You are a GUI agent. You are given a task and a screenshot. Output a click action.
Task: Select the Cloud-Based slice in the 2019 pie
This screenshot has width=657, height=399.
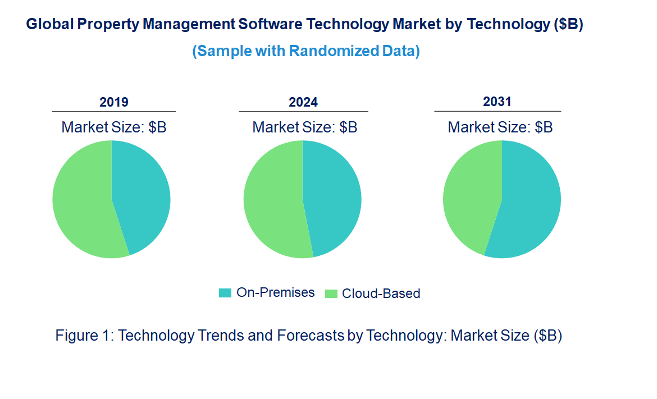81,202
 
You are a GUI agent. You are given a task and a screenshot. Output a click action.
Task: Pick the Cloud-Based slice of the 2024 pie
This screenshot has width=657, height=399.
272,202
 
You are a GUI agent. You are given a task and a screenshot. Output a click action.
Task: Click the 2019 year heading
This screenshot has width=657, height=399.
114,102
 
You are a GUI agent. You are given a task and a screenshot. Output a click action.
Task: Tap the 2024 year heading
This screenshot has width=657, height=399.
303,102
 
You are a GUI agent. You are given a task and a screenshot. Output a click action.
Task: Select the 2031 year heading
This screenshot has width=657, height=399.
498,102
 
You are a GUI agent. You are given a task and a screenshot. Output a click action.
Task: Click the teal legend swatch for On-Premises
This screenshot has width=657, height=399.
225,293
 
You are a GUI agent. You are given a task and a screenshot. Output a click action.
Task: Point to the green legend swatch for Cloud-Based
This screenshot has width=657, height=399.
331,293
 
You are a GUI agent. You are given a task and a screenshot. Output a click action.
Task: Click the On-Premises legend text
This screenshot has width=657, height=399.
275,292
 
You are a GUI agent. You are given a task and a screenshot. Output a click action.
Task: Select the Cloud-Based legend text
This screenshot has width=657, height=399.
381,293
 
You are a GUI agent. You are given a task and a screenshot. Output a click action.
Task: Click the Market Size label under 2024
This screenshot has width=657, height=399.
304,127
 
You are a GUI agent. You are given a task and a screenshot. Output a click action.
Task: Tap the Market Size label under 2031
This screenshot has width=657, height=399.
500,127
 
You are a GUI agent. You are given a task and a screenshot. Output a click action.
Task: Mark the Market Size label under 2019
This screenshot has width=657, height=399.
114,127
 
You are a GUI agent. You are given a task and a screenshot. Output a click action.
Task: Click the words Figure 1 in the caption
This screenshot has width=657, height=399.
84,336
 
